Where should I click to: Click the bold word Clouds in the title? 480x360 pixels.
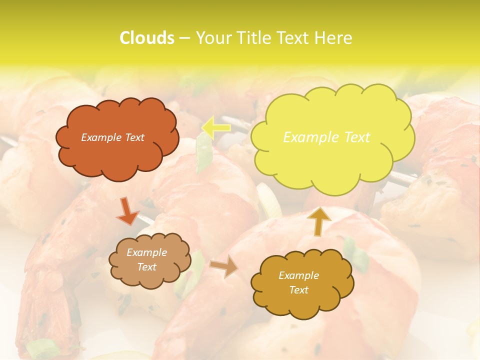[146, 38]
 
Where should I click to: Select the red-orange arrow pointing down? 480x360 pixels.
[127, 210]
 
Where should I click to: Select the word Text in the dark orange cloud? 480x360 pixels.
[134, 137]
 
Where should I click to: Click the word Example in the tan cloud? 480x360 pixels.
[146, 252]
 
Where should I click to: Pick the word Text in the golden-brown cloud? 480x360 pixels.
[299, 290]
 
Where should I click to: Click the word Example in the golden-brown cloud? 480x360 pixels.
[298, 275]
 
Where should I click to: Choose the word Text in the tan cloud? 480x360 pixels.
[146, 267]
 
